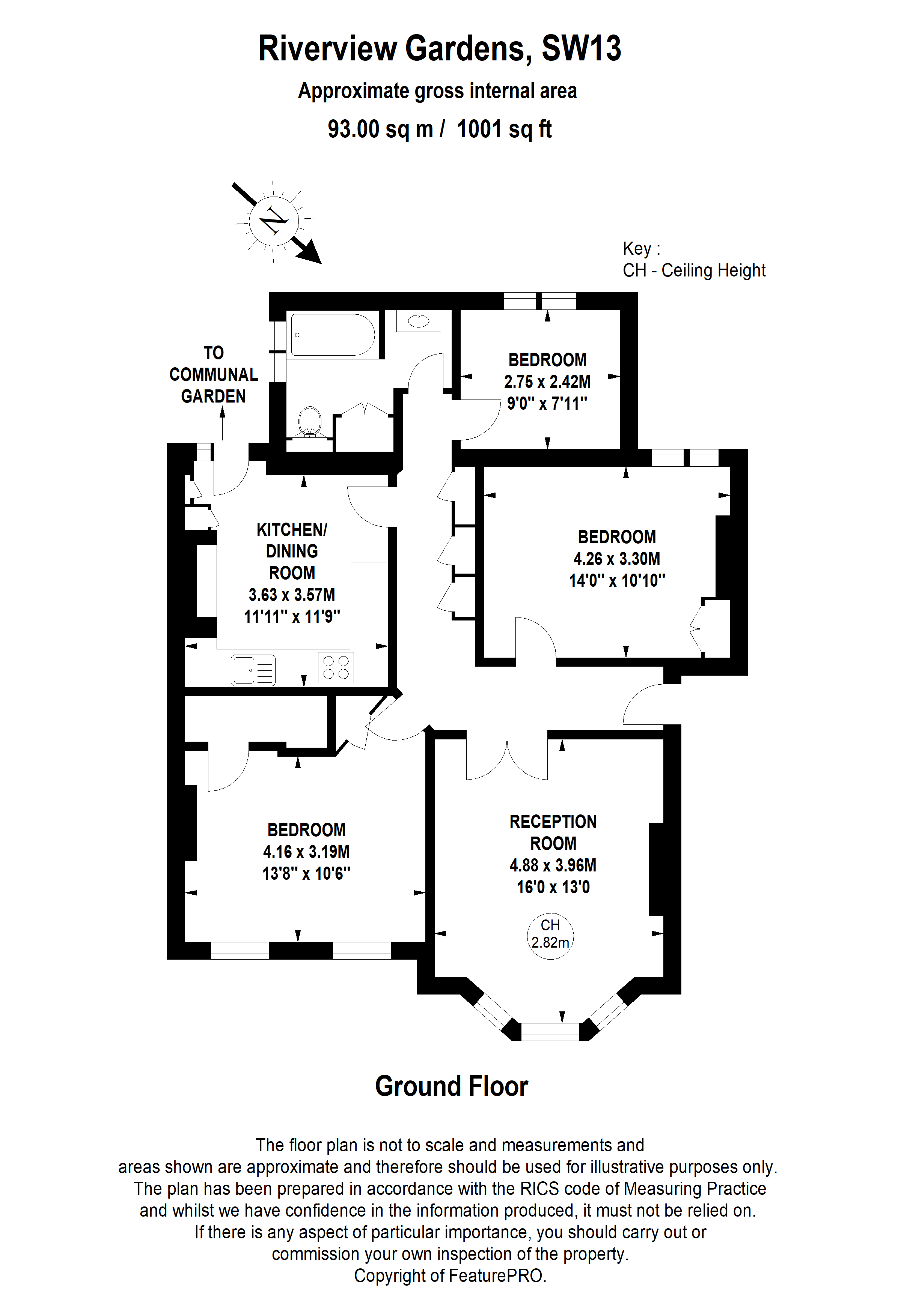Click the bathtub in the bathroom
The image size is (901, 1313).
click(332, 335)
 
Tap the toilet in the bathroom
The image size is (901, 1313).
click(309, 423)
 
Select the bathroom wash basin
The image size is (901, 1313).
click(418, 321)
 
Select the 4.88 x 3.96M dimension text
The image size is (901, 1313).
click(553, 865)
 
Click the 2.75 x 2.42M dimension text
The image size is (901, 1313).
click(547, 382)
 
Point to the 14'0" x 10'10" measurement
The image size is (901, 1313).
click(617, 580)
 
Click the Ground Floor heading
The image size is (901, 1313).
click(451, 1086)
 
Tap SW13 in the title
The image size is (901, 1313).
click(581, 49)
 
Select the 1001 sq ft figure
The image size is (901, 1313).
click(504, 129)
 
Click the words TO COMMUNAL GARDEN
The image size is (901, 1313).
click(214, 374)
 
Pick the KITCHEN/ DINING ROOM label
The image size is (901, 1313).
click(292, 551)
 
